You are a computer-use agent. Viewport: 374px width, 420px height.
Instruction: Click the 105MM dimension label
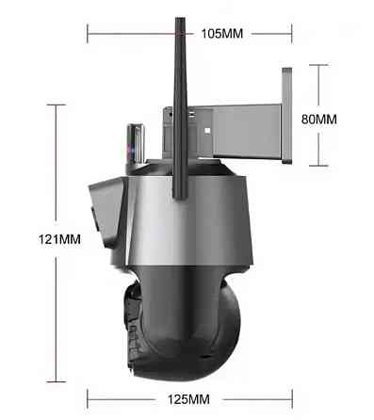click(221, 34)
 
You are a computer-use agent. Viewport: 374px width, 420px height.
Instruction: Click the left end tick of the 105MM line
click(88, 34)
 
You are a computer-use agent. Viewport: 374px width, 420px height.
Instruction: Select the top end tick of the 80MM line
click(317, 65)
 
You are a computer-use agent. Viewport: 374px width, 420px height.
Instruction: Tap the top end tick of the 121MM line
click(60, 105)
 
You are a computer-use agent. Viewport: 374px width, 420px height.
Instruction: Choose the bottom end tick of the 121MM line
click(60, 380)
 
